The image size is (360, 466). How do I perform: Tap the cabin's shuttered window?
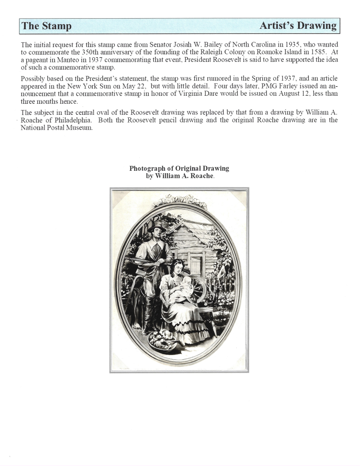(196, 265)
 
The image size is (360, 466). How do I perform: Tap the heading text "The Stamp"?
(47, 26)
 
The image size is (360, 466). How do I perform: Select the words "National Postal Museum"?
(57, 128)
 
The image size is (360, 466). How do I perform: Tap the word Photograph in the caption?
(148, 168)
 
